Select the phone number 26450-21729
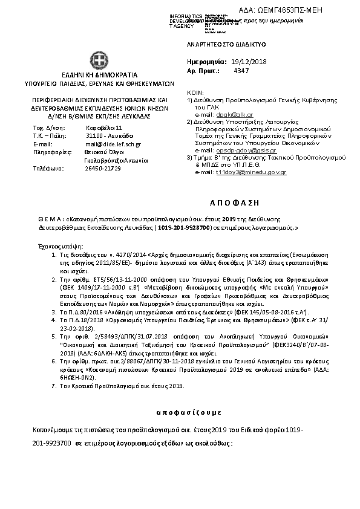pyautogui.click(x=103, y=168)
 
